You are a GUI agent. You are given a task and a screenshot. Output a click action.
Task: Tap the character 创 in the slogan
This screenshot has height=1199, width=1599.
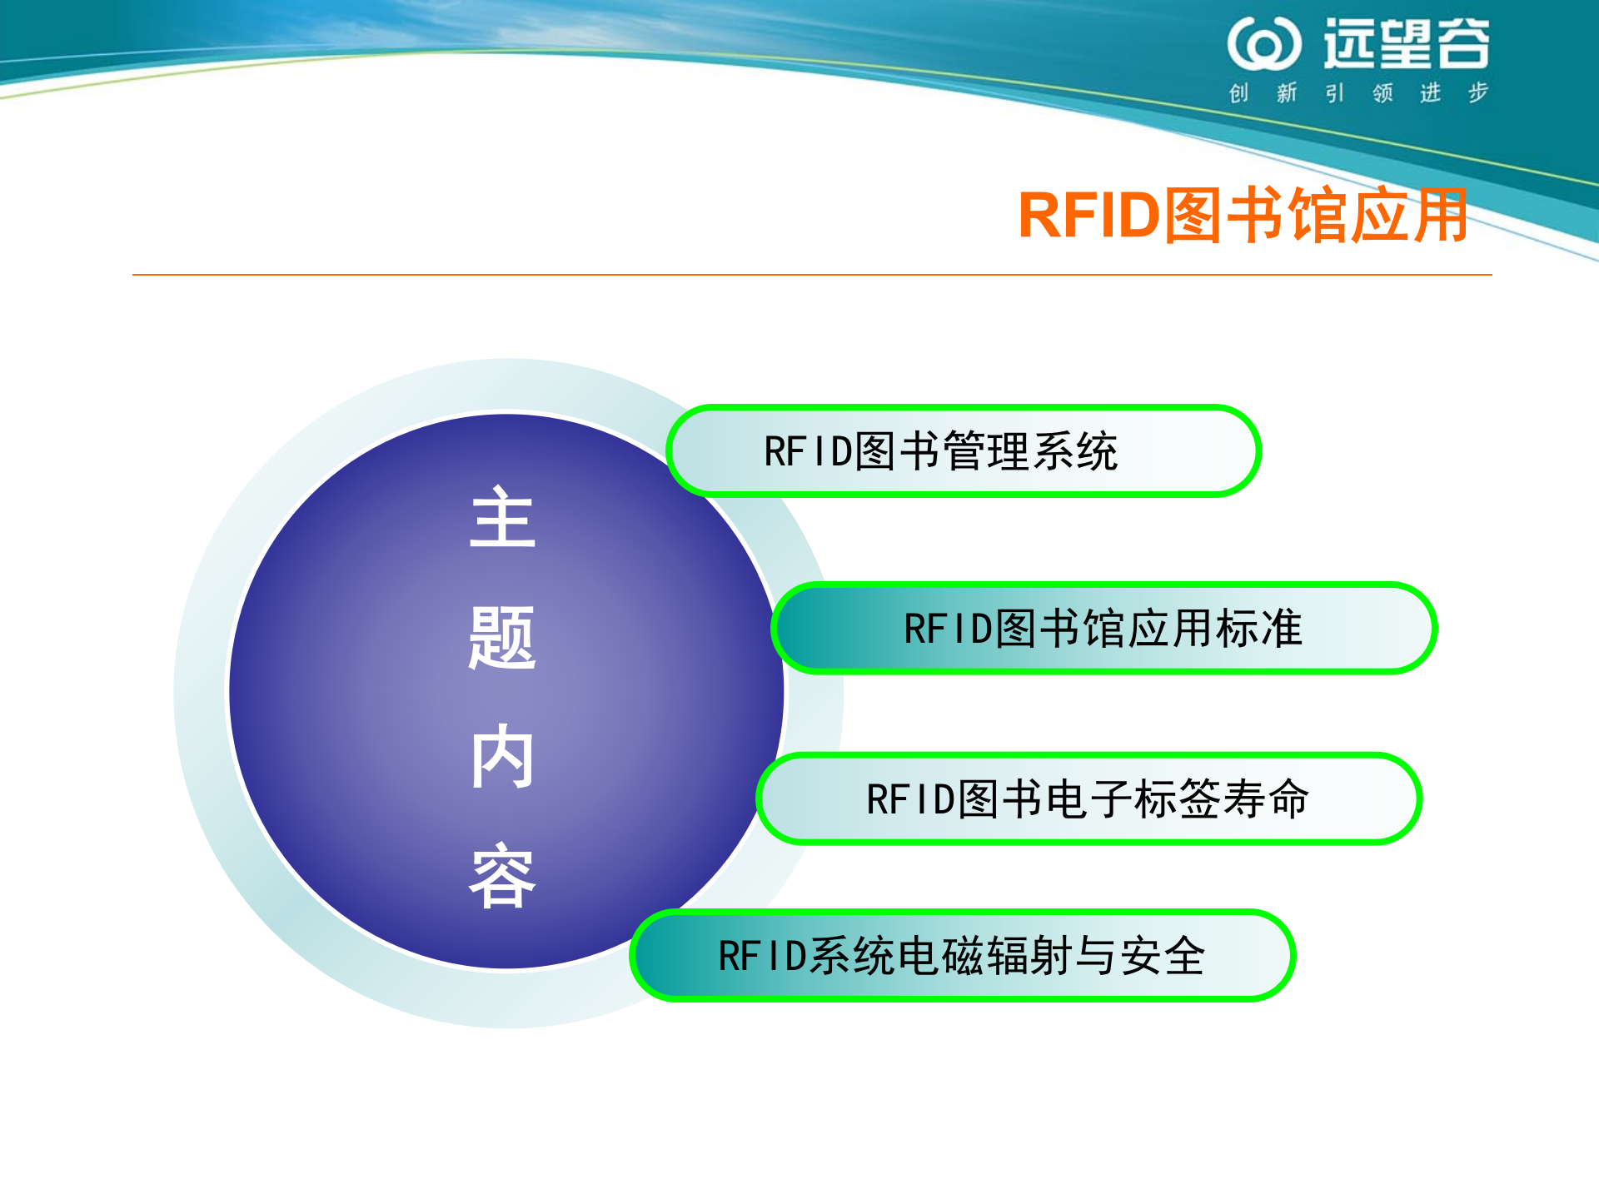(1238, 92)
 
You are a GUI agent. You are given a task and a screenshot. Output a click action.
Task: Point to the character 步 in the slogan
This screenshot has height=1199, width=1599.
(1478, 92)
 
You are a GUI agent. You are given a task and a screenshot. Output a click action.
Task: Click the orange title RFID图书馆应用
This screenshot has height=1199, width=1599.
(1243, 215)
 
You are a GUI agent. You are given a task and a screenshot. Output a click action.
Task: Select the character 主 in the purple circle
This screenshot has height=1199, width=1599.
(502, 518)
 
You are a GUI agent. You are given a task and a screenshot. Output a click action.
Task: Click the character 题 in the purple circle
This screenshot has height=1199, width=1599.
(502, 638)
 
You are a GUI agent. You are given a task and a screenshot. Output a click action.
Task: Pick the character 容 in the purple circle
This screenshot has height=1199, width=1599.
(502, 876)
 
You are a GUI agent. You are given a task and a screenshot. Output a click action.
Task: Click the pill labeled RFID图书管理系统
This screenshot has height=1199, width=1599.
(964, 451)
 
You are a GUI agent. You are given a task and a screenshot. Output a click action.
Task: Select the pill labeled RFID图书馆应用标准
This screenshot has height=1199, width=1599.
(1103, 629)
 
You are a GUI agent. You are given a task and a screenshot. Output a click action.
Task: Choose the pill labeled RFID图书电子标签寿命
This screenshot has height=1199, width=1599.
(1088, 799)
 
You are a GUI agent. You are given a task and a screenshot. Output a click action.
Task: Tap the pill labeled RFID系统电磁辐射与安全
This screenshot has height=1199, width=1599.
(962, 956)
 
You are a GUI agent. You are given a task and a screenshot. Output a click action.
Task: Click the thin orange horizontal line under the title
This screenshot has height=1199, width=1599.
(812, 274)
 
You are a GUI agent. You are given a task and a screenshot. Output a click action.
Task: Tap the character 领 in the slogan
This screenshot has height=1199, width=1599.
(1382, 92)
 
